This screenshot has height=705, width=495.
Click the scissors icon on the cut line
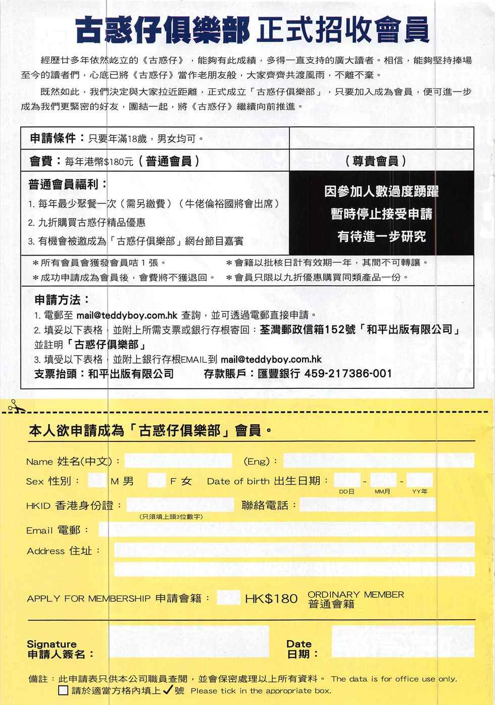pos(14,405)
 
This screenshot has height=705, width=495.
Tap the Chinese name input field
pos(178,461)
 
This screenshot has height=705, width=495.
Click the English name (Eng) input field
pos(378,461)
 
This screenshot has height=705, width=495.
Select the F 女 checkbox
pos(156,480)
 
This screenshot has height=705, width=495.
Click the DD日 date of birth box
pos(346,480)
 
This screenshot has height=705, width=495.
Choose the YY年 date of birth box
pos(419,480)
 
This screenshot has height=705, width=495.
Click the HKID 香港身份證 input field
pos(180,505)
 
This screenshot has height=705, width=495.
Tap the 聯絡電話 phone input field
pos(387,505)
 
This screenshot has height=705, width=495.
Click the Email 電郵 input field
pos(286,529)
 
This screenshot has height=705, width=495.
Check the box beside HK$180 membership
pos(228,598)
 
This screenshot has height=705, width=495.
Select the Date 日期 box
pos(403,641)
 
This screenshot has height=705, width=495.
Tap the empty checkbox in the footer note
pos(63,690)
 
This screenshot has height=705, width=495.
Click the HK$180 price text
pos(271,599)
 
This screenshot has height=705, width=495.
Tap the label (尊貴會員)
pos(376,161)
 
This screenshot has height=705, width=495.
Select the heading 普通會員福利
pos(68,184)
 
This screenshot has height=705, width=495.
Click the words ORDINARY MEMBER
pos(356,594)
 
